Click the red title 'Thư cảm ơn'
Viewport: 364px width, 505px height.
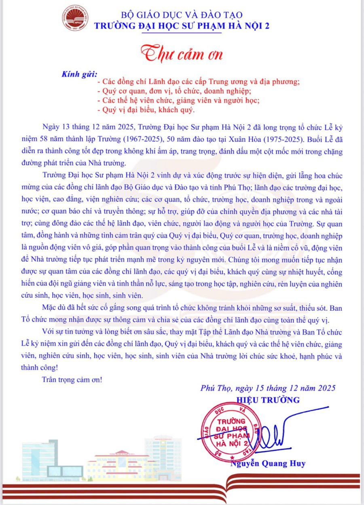click(182, 54)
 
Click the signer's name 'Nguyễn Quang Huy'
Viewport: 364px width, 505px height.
click(268, 463)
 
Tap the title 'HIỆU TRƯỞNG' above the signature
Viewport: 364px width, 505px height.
click(268, 400)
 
